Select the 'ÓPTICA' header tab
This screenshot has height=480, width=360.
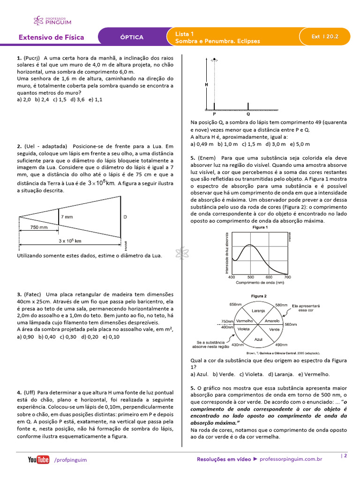[x=132, y=37]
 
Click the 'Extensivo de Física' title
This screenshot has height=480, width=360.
[x=52, y=37]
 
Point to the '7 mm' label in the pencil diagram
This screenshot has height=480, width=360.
[x=67, y=217]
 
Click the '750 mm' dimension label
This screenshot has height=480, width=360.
[x=38, y=227]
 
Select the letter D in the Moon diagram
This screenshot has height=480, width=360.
[x=125, y=217]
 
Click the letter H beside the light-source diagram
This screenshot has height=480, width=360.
[x=206, y=85]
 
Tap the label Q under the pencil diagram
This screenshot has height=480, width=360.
[x=248, y=114]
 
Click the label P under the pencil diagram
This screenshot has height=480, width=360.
[x=214, y=114]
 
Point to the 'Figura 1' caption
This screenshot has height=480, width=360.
[x=260, y=227]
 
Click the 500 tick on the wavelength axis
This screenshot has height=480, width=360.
[x=250, y=277]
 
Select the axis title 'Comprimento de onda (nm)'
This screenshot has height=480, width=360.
[x=260, y=283]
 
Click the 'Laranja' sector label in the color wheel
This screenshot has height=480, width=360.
[x=258, y=310]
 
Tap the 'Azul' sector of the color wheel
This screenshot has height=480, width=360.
[x=258, y=338]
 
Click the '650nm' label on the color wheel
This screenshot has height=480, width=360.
[x=235, y=304]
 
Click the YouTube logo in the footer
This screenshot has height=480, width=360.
[x=38, y=460]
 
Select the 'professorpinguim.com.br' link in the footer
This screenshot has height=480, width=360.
[x=291, y=460]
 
